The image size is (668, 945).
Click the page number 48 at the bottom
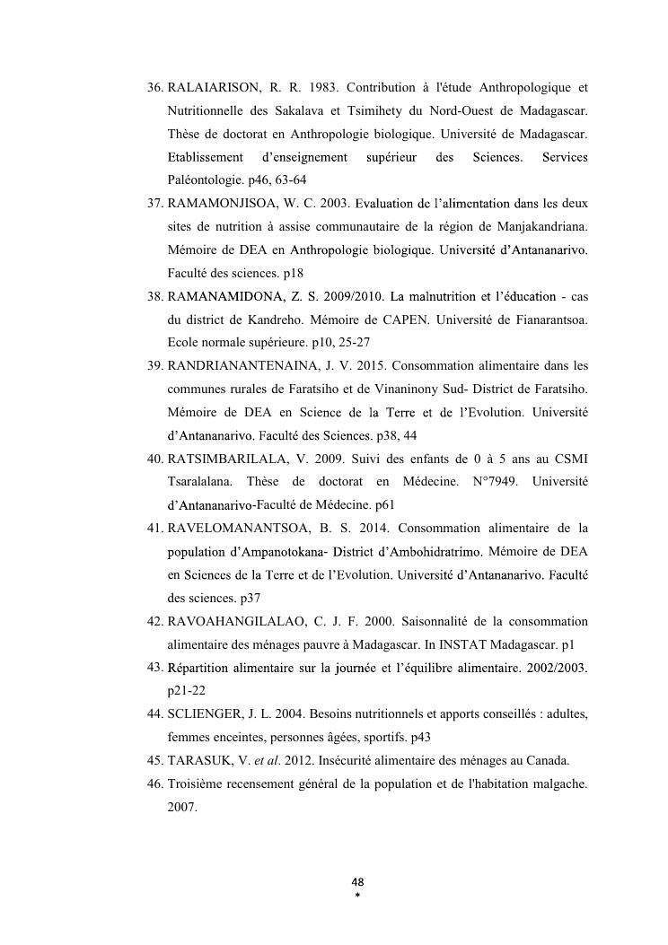tap(356, 881)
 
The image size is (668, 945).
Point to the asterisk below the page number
tap(356, 895)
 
